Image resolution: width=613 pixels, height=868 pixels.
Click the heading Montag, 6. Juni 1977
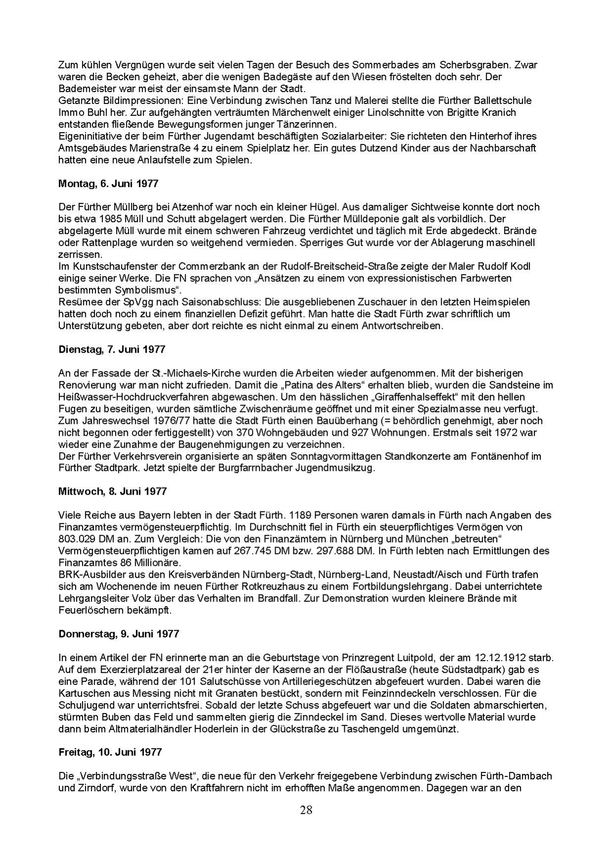point(108,183)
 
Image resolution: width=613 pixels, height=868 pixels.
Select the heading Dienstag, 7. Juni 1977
point(112,349)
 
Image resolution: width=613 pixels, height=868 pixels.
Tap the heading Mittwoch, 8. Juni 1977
point(112,491)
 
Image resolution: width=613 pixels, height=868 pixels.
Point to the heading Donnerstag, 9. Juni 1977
point(118,634)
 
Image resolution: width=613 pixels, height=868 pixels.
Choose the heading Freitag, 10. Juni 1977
point(110,752)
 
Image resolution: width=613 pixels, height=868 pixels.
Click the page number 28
point(306,810)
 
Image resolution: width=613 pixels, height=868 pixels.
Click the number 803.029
point(74,539)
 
